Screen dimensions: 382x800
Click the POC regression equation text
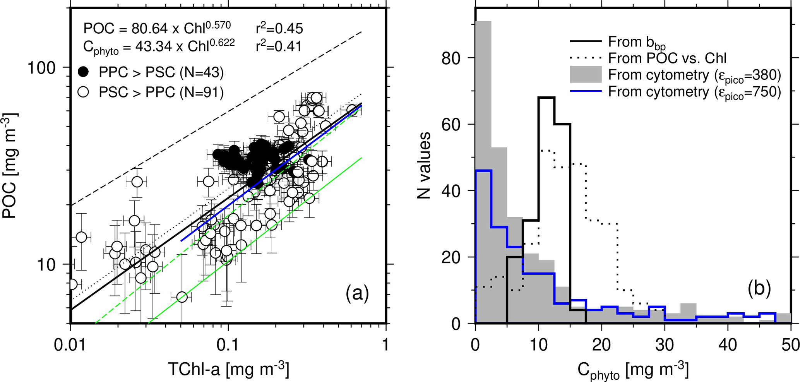point(157,28)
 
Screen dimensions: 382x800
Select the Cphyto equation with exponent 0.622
point(159,46)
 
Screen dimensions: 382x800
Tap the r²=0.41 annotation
point(279,46)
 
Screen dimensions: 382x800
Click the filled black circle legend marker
point(83,72)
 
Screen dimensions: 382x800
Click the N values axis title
point(425,165)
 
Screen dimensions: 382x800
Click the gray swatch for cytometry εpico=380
point(586,75)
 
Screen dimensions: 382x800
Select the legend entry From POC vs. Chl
point(667,58)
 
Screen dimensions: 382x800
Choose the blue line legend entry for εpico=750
point(586,91)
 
